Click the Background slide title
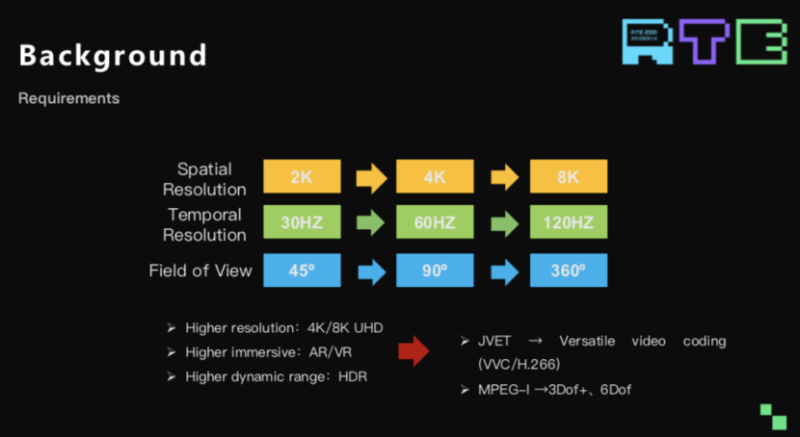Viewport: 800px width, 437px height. tap(113, 56)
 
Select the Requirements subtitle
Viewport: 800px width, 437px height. tap(68, 99)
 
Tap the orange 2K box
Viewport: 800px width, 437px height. tap(302, 177)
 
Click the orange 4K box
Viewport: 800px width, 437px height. tap(435, 177)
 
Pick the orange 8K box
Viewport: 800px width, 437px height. tap(569, 177)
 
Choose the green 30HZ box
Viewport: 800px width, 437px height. tap(302, 223)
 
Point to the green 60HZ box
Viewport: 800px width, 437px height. tap(435, 223)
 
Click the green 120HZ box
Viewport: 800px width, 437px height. tap(569, 223)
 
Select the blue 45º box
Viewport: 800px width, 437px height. tap(302, 270)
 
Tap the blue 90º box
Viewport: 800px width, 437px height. tap(435, 270)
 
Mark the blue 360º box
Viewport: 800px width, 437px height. tap(569, 270)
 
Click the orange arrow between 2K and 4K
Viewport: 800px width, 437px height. tap(370, 177)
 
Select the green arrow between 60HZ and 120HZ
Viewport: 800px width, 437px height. tap(504, 223)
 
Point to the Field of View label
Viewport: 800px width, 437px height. tap(200, 270)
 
